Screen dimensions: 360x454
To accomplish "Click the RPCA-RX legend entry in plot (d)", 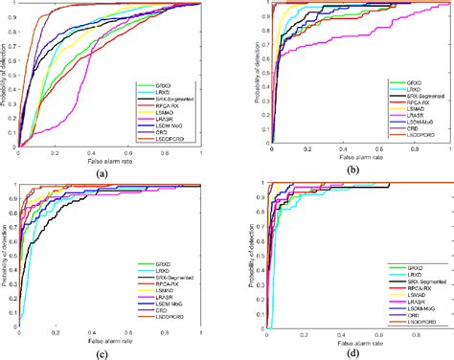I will tap(406, 283).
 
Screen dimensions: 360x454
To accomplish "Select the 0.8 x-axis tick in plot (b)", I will tap(421, 150).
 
